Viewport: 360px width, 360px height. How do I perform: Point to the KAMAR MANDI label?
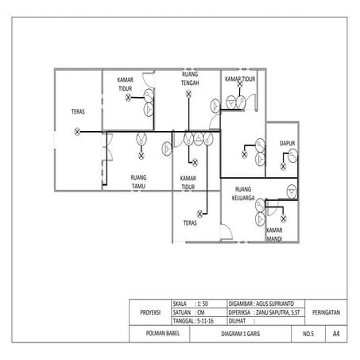[276, 234]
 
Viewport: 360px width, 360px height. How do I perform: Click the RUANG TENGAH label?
[191, 79]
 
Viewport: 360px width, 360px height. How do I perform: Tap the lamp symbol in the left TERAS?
[77, 130]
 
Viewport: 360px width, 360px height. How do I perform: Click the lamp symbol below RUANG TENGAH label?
[188, 95]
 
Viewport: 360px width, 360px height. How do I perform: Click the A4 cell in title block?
[336, 335]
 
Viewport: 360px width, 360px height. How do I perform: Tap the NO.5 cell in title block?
[308, 335]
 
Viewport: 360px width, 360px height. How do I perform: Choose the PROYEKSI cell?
[150, 313]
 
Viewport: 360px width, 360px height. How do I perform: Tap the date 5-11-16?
[208, 322]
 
